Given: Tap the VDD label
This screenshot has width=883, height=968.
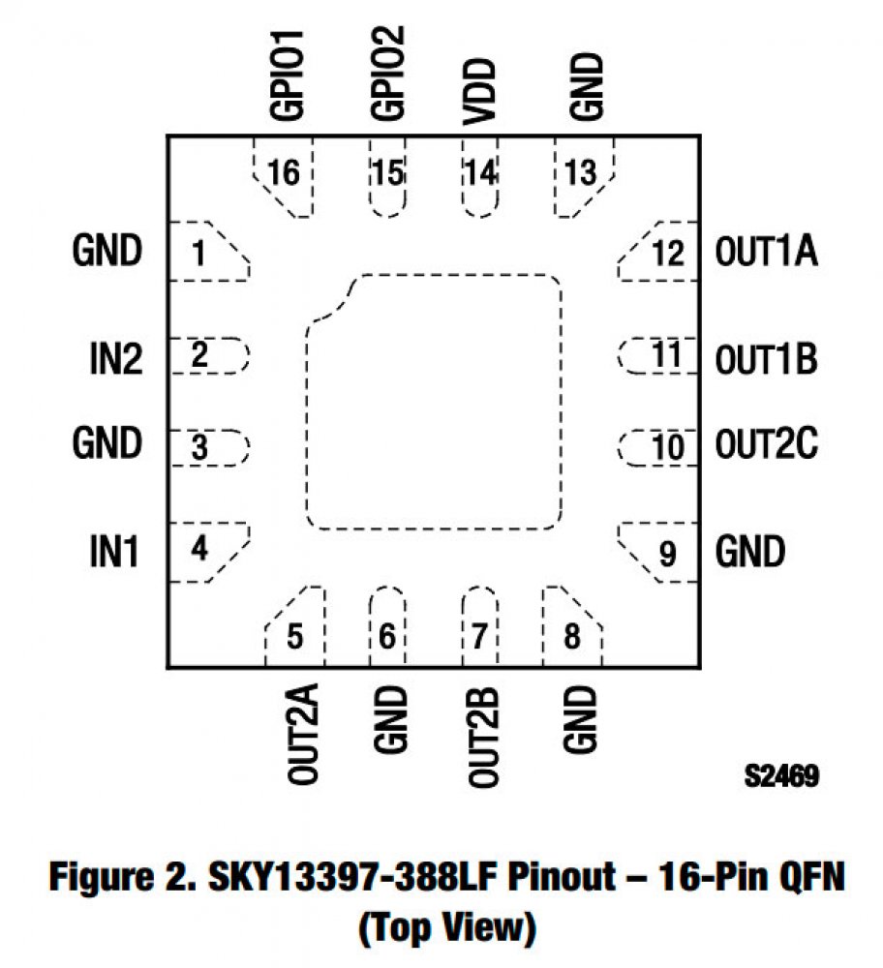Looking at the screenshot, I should click(x=479, y=92).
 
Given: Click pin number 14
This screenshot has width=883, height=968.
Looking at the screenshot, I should click(x=479, y=174).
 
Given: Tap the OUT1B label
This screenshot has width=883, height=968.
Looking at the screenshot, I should click(x=766, y=359).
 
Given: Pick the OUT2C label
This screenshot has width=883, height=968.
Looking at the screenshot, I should click(x=767, y=445).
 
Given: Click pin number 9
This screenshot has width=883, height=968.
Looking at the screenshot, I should click(x=667, y=555).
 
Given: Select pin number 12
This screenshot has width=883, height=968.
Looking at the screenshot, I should click(x=668, y=254).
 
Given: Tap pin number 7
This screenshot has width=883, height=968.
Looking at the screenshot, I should click(x=479, y=638).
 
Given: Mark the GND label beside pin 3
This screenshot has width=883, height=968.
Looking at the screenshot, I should click(x=107, y=445).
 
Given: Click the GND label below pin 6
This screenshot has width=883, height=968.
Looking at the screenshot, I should click(x=387, y=721).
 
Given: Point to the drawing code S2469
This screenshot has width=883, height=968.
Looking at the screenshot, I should click(x=781, y=775).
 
